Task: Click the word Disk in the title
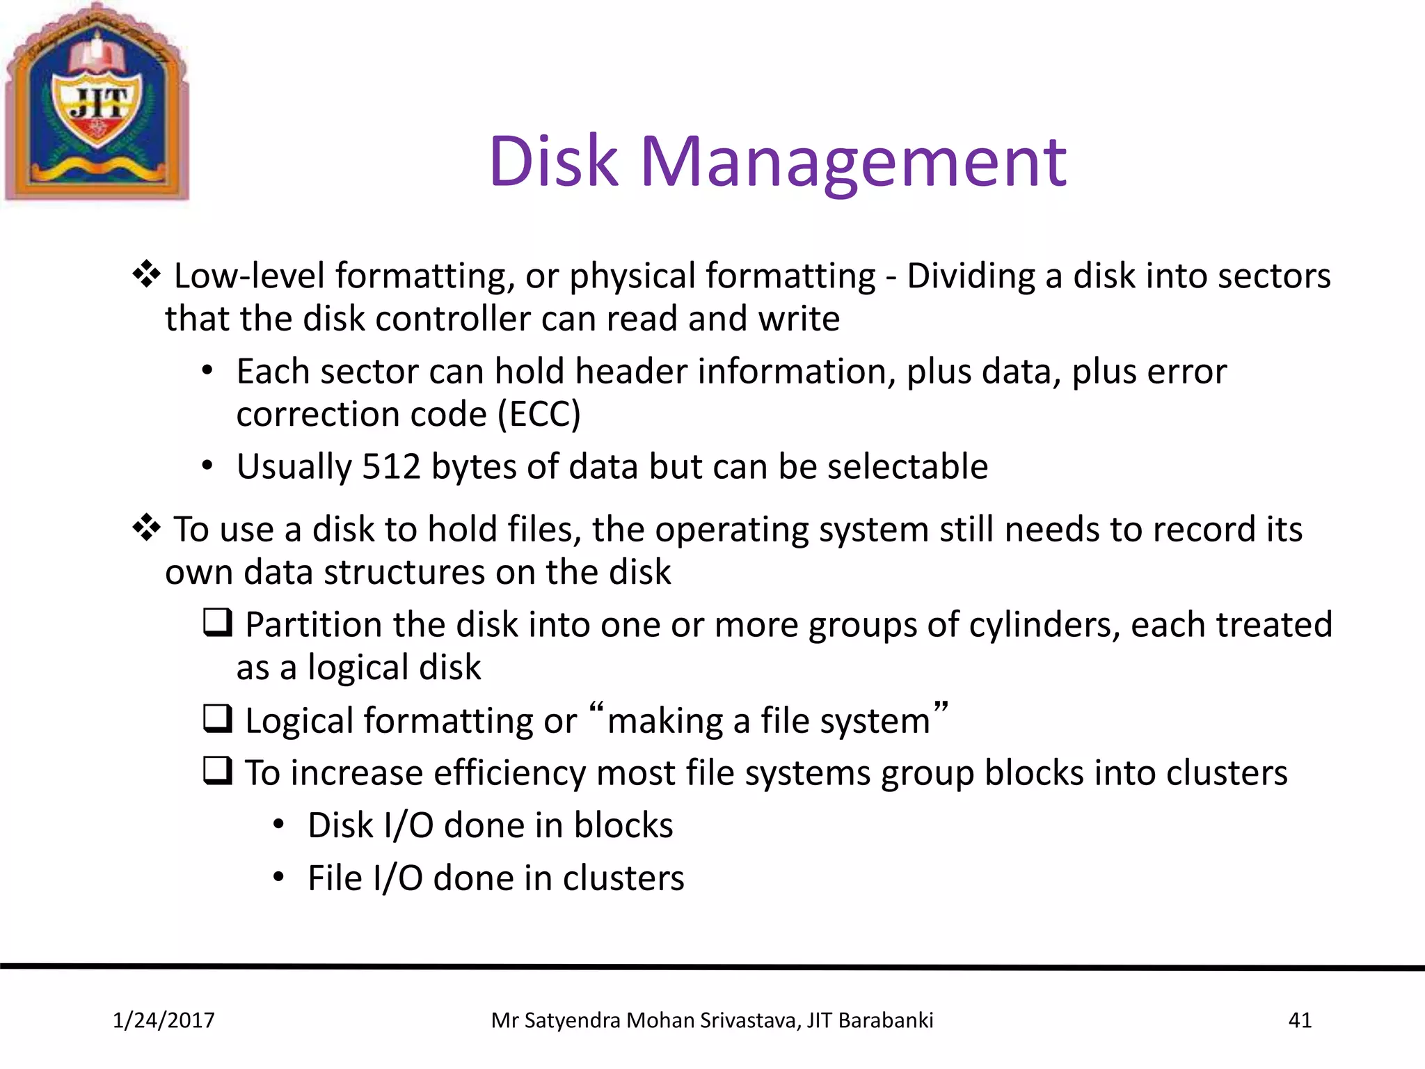click(553, 161)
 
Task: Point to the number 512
click(391, 466)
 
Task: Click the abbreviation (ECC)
click(539, 415)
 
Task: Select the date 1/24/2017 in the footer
click(164, 1020)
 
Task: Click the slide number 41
click(1300, 1020)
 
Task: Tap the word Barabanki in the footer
click(886, 1020)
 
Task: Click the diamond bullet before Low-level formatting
click(147, 274)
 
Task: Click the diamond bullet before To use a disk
click(147, 528)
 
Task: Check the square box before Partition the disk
click(218, 622)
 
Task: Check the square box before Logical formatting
click(218, 718)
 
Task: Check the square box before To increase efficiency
click(218, 771)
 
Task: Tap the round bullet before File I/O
click(278, 878)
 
